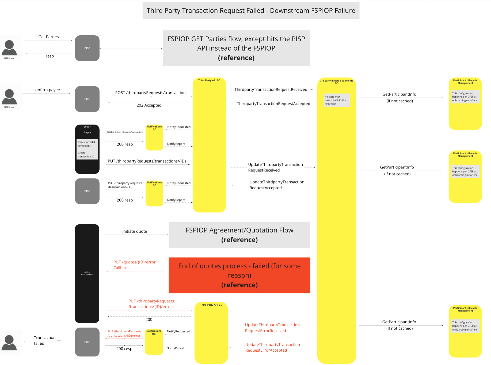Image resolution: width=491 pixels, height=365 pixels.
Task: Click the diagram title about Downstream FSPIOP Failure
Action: [251, 11]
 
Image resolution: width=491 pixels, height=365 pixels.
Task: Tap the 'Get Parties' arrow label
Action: [48, 37]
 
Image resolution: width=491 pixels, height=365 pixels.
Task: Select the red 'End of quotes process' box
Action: [239, 275]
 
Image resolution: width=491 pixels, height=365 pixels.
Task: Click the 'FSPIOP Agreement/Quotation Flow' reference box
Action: [239, 235]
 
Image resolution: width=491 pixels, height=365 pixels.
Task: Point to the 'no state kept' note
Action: [336, 100]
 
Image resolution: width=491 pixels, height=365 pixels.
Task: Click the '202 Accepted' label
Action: [149, 105]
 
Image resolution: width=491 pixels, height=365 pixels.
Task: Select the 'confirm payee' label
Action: [47, 90]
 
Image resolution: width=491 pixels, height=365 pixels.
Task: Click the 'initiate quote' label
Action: [135, 231]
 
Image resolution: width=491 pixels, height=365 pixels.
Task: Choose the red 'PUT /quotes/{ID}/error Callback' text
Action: [134, 265]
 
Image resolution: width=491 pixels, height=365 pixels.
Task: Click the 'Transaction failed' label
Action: [44, 340]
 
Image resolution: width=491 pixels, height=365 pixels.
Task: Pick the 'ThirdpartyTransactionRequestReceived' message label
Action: [271, 90]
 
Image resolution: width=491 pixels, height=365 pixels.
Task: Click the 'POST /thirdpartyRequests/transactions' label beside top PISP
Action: [151, 93]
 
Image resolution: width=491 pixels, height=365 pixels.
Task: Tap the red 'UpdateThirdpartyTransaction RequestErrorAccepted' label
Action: [272, 347]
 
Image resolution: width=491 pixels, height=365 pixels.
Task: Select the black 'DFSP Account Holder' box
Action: [87, 273]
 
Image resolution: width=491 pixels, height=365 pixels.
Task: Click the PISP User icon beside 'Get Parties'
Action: [9, 48]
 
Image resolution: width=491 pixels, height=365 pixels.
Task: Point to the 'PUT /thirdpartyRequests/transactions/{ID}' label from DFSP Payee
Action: [147, 161]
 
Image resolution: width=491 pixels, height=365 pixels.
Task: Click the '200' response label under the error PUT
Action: [149, 320]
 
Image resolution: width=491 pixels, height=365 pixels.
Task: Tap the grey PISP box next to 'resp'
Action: [87, 48]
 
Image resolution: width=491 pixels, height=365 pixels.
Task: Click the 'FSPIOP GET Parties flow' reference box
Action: [236, 48]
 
